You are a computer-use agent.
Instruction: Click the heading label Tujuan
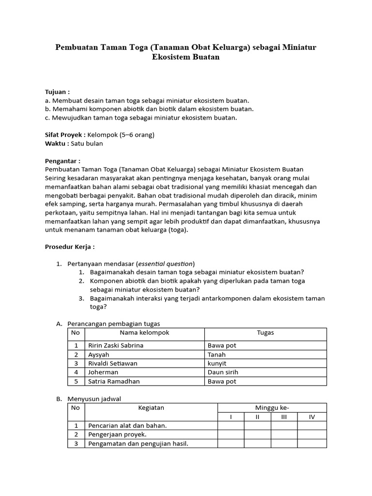pyautogui.click(x=57, y=92)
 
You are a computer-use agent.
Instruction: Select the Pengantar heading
pyautogui.click(x=62, y=160)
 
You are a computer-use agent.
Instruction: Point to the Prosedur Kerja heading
pyautogui.click(x=69, y=247)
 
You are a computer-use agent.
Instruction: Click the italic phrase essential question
pyautogui.click(x=165, y=263)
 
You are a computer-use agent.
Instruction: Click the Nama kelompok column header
pyautogui.click(x=144, y=333)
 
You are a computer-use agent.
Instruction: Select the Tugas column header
pyautogui.click(x=265, y=333)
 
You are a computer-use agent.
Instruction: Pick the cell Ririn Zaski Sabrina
pyautogui.click(x=116, y=345)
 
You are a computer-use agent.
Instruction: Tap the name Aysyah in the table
pyautogui.click(x=99, y=355)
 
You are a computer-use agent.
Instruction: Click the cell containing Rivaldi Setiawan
pyautogui.click(x=113, y=363)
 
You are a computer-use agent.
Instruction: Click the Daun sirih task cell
pyautogui.click(x=223, y=372)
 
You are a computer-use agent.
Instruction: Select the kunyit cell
pyautogui.click(x=217, y=363)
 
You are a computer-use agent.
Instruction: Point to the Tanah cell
pyautogui.click(x=217, y=355)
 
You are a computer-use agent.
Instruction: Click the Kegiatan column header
pyautogui.click(x=151, y=408)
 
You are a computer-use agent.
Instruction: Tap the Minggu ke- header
pyautogui.click(x=272, y=408)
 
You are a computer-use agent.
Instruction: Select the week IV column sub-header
pyautogui.click(x=311, y=417)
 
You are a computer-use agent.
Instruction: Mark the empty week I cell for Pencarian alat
pyautogui.click(x=231, y=426)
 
